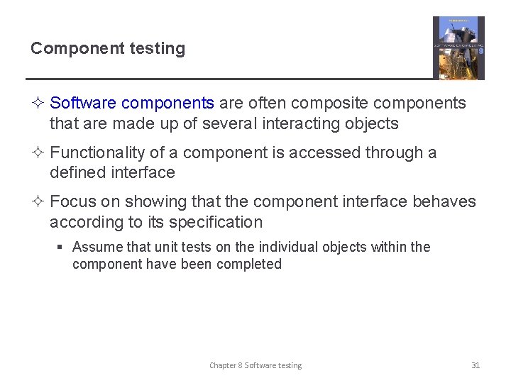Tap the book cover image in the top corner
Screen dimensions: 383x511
458,48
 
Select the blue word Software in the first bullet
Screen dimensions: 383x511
83,103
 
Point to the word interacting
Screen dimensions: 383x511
299,123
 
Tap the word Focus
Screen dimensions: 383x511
74,201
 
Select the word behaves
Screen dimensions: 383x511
444,201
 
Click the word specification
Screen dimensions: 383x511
216,222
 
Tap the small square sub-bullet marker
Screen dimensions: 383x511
61,248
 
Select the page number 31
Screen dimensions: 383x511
476,365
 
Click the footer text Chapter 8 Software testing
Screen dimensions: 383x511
255,365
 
